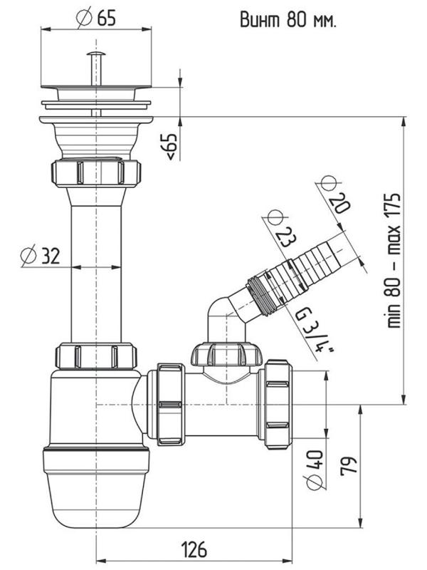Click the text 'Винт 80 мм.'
pos(288,20)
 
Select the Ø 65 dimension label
pos(96,17)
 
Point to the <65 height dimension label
pos(172,146)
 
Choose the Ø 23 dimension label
pos(280,228)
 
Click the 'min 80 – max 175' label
pos(394,260)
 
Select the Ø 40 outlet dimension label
pos(315,470)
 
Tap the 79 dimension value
pos(349,466)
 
